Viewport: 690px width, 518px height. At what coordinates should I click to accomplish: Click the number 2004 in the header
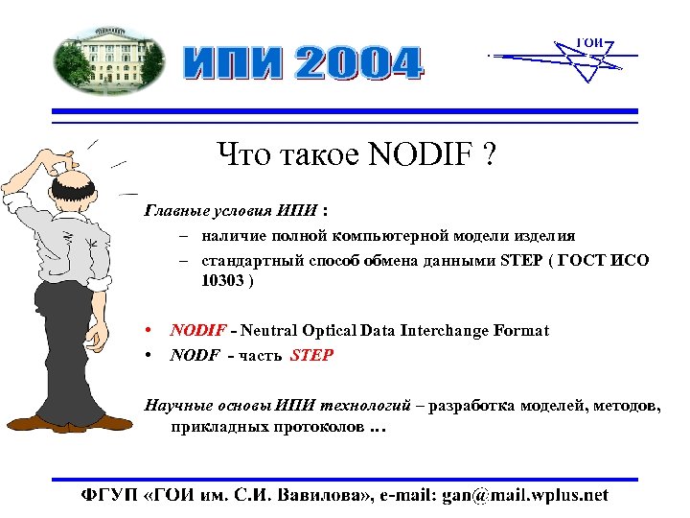[356, 65]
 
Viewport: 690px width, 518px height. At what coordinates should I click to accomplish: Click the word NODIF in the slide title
[422, 153]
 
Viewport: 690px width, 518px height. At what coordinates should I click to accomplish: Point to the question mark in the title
[490, 153]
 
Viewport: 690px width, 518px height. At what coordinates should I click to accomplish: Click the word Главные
[173, 209]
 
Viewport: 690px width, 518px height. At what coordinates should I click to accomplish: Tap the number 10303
[221, 282]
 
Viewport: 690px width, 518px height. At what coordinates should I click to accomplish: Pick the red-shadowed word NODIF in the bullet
[196, 331]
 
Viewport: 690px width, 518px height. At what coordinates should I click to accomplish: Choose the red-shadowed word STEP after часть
[312, 355]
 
